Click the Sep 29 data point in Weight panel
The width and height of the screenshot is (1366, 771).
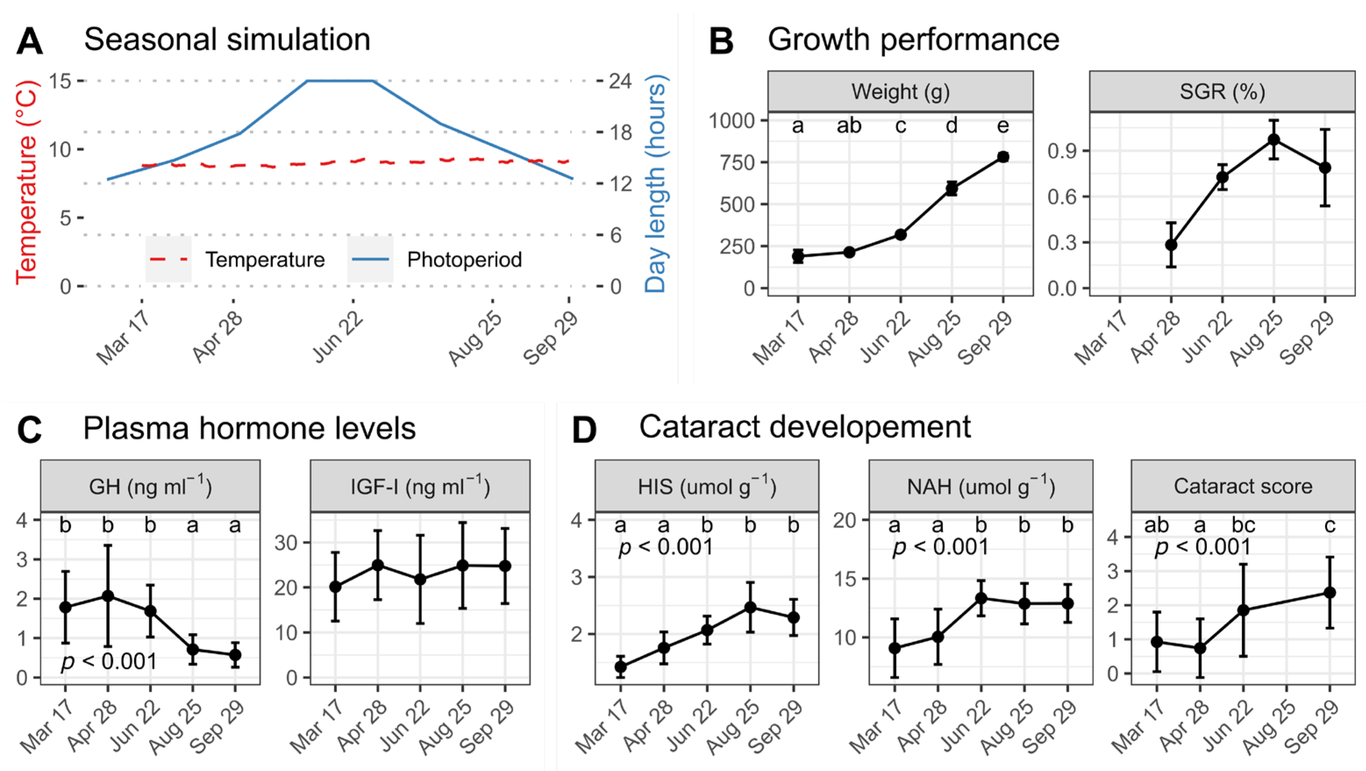pos(1003,157)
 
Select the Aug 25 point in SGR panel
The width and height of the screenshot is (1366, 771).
pos(1274,140)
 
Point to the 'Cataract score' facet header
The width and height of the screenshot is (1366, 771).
pos(1243,486)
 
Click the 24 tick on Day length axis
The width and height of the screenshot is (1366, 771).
pos(620,81)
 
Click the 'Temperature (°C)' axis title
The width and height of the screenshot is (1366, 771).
pos(26,183)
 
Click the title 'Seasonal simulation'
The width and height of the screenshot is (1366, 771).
pos(227,40)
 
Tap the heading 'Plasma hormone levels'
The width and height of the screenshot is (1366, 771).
pos(249,428)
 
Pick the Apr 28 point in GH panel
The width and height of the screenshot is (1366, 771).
pos(107,596)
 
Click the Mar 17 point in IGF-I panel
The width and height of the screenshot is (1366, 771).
pos(335,586)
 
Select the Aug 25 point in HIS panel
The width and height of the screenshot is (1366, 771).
pos(750,607)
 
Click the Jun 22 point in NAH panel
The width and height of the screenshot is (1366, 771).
pos(981,598)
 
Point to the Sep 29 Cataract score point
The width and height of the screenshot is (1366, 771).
pos(1330,593)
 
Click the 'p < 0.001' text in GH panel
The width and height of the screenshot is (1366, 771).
pos(109,661)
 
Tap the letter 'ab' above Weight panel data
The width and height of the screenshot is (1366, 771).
pos(849,126)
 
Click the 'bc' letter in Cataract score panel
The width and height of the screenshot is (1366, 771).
pos(1243,525)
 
